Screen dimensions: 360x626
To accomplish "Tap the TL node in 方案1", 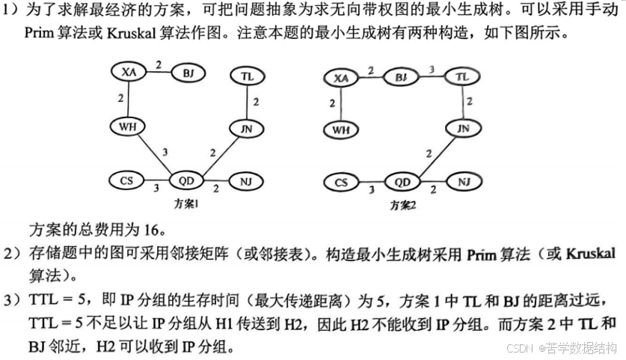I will pyautogui.click(x=248, y=76).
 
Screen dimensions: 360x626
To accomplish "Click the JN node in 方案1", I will pyautogui.click(x=247, y=129).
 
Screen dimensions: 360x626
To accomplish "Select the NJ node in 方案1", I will pyautogui.click(x=247, y=181).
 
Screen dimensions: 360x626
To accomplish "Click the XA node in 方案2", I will pyautogui.click(x=341, y=78).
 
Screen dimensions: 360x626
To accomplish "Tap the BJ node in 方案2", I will pyautogui.click(x=401, y=77).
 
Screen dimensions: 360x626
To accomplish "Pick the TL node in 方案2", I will pyautogui.click(x=462, y=77).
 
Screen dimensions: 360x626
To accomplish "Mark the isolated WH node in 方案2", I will pyautogui.click(x=341, y=129).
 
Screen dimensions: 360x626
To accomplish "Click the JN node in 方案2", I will pyautogui.click(x=463, y=129).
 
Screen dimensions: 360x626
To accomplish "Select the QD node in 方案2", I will pyautogui.click(x=402, y=182).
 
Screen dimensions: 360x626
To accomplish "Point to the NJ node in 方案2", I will pyautogui.click(x=463, y=182).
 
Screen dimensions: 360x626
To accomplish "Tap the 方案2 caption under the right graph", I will pyautogui.click(x=403, y=204).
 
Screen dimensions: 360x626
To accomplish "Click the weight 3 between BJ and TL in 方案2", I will pyautogui.click(x=432, y=70).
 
